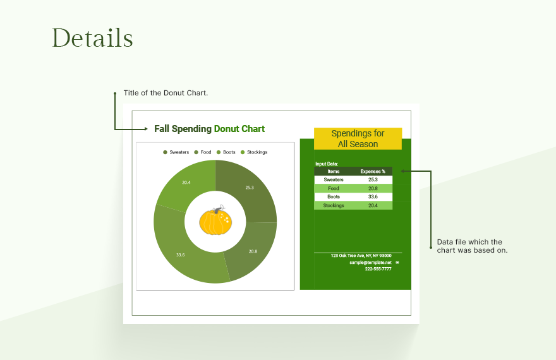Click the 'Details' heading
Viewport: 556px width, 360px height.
click(x=92, y=39)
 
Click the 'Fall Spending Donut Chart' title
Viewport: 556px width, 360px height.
click(x=209, y=129)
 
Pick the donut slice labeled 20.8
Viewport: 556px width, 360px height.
click(x=252, y=251)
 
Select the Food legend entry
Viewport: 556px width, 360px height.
click(x=203, y=152)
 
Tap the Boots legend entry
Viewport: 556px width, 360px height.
click(x=226, y=152)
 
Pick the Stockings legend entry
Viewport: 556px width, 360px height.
click(x=254, y=152)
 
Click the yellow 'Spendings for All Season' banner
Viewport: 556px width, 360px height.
click(x=358, y=139)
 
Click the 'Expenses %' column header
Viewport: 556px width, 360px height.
click(x=373, y=171)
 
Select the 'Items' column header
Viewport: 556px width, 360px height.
click(x=334, y=171)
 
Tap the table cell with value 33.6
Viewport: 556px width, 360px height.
click(x=373, y=197)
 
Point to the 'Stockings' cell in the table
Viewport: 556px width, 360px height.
click(x=334, y=205)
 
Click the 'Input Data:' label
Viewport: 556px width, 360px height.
click(x=327, y=164)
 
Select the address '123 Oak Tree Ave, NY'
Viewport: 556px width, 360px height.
click(x=361, y=256)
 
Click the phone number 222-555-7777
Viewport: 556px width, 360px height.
click(x=378, y=269)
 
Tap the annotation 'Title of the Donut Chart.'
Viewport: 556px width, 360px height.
click(x=166, y=93)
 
